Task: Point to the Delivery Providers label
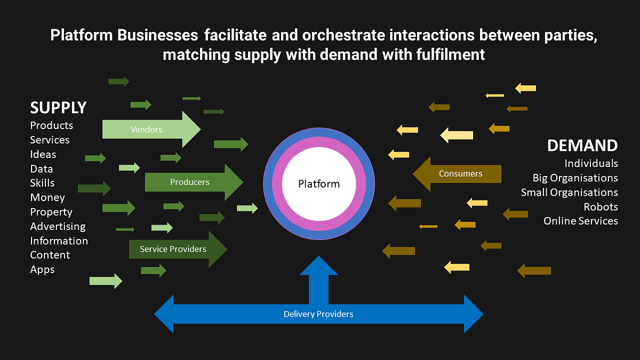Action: tap(318, 314)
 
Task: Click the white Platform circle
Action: tap(319, 185)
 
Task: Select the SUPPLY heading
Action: tap(58, 107)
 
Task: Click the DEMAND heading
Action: tap(582, 145)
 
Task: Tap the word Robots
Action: tap(601, 206)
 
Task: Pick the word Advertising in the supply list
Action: tap(58, 226)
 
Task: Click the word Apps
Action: tap(42, 269)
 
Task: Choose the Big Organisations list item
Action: tap(575, 178)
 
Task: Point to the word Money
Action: tap(47, 197)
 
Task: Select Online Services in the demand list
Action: tap(580, 221)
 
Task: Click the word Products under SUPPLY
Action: tap(51, 125)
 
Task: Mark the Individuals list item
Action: tap(591, 163)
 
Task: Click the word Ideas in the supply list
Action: tap(43, 154)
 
